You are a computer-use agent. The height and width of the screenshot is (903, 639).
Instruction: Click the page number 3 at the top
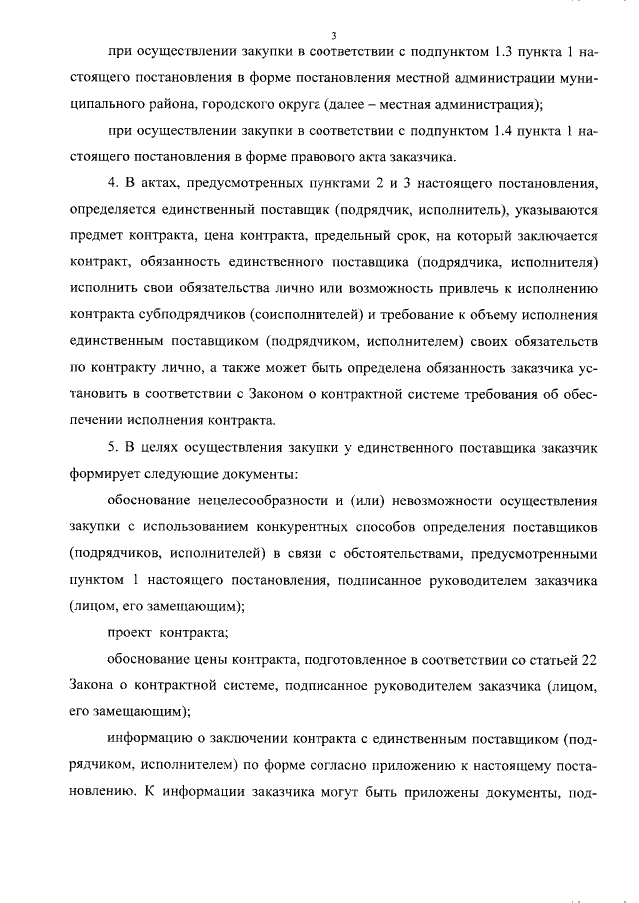pyautogui.click(x=319, y=36)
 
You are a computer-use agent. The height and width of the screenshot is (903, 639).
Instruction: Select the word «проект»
pyautogui.click(x=127, y=632)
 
